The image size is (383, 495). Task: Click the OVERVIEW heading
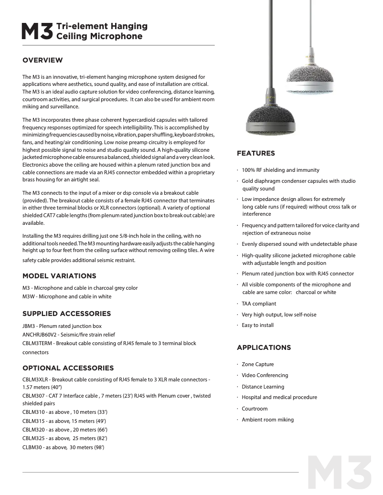coord(43,60)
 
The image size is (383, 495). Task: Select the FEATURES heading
coord(256,153)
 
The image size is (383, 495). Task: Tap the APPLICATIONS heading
coord(264,348)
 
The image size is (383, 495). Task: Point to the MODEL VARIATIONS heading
coord(59,276)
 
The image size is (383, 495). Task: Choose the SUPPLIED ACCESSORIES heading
coord(66,314)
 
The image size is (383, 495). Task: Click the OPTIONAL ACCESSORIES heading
coord(68,368)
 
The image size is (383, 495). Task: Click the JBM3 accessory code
coord(29,326)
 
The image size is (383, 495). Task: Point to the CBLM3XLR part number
coord(35,379)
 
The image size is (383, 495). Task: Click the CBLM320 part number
coord(33,430)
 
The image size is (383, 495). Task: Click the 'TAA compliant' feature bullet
coord(258,304)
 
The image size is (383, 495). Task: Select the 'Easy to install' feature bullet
coord(257,325)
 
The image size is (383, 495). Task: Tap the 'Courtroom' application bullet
coord(255,409)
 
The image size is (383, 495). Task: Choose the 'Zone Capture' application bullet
coord(257,364)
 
